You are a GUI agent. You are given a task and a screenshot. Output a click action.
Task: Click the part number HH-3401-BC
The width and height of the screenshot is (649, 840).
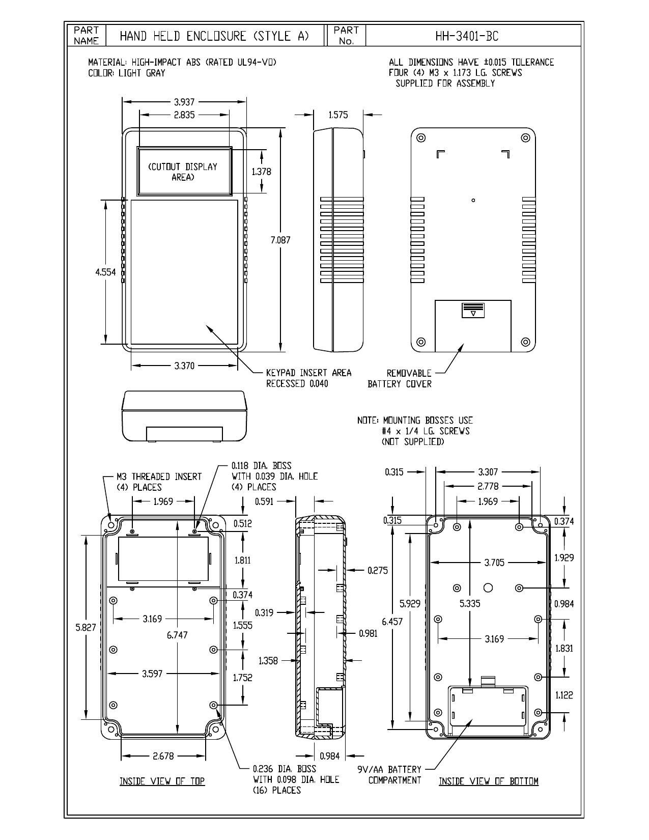[467, 36]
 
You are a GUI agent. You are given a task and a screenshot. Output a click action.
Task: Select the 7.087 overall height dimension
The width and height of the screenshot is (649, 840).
[280, 240]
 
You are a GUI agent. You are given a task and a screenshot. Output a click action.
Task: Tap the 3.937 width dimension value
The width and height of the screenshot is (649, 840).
[184, 102]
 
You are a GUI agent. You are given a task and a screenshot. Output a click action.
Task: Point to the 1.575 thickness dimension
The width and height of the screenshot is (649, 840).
[338, 115]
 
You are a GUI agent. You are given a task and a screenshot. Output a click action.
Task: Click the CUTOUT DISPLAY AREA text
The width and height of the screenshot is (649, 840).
[183, 172]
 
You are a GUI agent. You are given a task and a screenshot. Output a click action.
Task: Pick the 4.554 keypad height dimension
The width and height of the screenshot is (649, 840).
[105, 272]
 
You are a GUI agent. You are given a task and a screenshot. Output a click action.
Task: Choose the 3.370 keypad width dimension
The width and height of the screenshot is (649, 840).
[184, 366]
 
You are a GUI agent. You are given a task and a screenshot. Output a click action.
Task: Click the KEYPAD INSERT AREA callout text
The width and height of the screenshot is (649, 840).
[309, 373]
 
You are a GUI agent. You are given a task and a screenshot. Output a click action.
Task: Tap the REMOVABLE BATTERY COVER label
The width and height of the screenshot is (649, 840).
[399, 379]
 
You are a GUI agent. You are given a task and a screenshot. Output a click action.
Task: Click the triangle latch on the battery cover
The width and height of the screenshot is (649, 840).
[473, 314]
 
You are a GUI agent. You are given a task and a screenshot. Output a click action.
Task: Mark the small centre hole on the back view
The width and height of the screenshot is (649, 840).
[473, 200]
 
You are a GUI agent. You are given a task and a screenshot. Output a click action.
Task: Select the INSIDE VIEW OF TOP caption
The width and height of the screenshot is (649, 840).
[162, 781]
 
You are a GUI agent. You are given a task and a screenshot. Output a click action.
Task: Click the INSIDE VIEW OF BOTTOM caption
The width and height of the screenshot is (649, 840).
[489, 781]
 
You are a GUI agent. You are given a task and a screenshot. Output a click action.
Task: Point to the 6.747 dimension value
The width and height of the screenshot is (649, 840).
[177, 635]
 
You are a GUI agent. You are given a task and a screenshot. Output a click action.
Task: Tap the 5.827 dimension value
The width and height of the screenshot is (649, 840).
[86, 627]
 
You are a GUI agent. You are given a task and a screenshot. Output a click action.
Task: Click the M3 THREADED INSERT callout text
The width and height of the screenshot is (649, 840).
[159, 482]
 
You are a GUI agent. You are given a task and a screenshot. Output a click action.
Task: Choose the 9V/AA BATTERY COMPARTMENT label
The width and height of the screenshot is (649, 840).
[389, 775]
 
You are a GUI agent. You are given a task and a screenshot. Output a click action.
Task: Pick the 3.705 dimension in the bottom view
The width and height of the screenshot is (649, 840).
[494, 563]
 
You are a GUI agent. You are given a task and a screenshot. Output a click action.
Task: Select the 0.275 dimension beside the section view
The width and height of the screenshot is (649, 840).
[378, 570]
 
